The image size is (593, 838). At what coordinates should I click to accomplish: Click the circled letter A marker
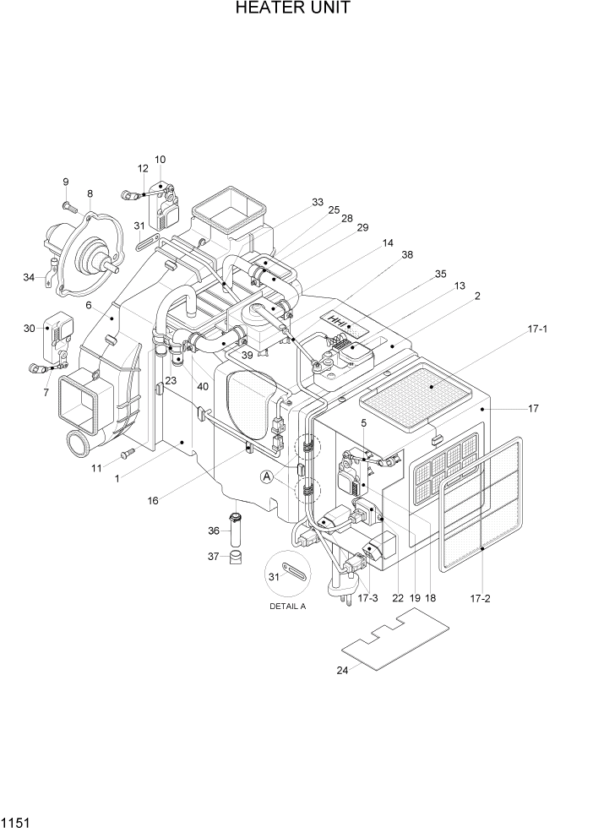[x=268, y=477]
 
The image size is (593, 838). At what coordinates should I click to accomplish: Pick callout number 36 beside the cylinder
[x=213, y=531]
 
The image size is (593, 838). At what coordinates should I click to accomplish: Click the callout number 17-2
[x=480, y=598]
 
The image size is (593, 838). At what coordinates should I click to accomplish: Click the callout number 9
[x=65, y=182]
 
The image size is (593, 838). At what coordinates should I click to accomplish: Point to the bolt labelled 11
[x=128, y=454]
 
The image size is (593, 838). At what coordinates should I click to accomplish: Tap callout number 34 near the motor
[x=29, y=276]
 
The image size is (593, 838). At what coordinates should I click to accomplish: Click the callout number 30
[x=30, y=329]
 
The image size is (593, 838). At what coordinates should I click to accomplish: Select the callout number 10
[x=160, y=159]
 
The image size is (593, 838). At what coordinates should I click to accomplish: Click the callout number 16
[x=153, y=500]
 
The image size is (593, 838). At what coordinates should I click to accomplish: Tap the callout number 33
[x=317, y=202]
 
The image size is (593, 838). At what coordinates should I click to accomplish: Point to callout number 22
[x=397, y=598]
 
